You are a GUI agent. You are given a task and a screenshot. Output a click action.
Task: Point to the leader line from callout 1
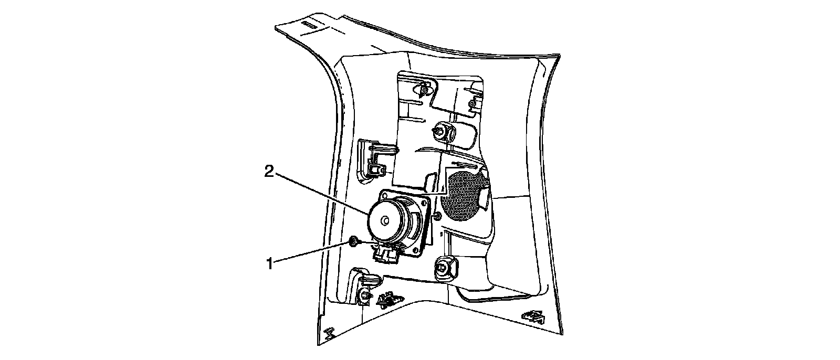310,252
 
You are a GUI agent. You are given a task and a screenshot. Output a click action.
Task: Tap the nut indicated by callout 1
353,241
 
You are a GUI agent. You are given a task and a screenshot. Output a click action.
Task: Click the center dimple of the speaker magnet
385,221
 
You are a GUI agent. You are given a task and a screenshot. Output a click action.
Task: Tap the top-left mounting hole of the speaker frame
387,195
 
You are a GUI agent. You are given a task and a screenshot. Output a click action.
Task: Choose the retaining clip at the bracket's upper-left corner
424,89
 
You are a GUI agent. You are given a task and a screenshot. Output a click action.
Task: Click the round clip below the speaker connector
363,297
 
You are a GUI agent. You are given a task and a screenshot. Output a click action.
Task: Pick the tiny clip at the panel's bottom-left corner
329,333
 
